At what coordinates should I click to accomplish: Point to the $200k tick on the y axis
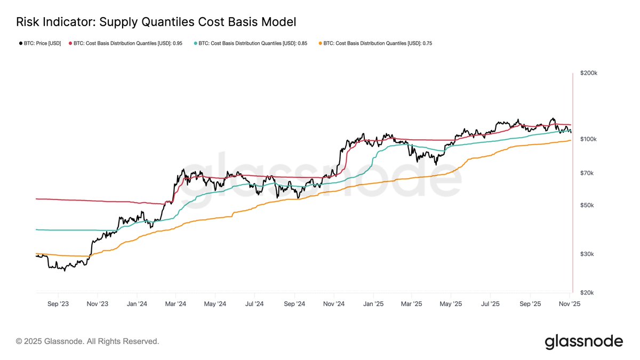coord(589,73)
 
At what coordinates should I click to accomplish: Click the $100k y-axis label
coord(589,139)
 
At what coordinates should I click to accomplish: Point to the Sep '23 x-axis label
coord(58,303)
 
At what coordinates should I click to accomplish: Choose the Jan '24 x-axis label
coord(137,303)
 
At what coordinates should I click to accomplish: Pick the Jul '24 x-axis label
coord(254,303)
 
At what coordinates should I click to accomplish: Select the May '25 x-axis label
coord(451,303)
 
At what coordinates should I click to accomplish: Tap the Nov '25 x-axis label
coord(570,303)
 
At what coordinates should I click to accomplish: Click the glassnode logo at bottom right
coord(583,342)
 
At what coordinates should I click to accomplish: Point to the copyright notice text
coord(87,341)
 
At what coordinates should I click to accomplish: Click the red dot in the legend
coord(70,43)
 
